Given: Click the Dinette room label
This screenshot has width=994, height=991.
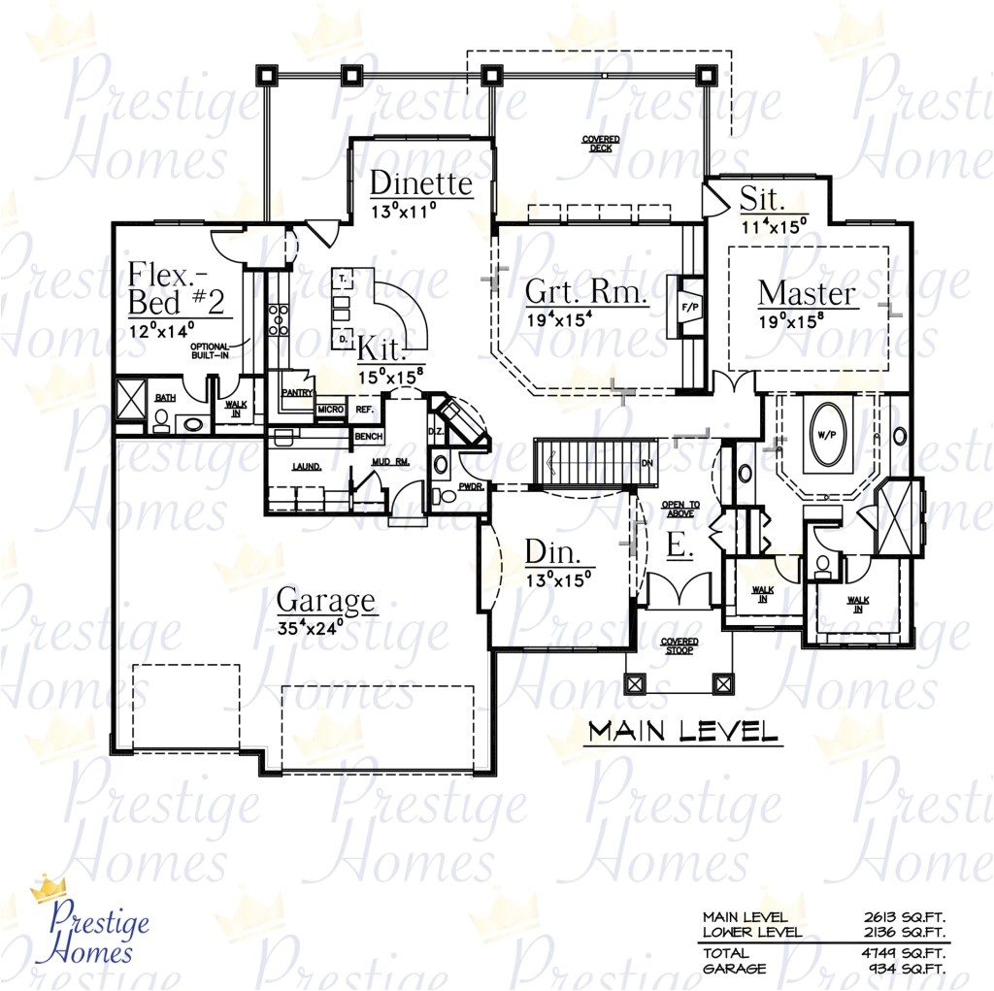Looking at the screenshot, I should pos(420,183).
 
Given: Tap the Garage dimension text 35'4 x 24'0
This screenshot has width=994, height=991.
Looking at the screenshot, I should pos(324,627).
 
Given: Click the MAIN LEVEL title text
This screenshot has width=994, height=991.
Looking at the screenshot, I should pos(682,731).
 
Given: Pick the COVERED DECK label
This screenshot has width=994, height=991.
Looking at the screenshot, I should pos(600,145).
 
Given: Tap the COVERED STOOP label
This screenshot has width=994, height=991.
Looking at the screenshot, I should pos(679,646).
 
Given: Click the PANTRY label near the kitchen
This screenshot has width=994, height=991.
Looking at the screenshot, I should pos(294,393).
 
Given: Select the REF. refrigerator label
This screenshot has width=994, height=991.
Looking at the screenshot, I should pos(365,411).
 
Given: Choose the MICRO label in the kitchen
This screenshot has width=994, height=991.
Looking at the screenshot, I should pos(330,411).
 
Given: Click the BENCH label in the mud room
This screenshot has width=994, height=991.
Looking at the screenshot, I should pos(368,438).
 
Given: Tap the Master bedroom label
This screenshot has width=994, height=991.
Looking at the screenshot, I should pos(807,293).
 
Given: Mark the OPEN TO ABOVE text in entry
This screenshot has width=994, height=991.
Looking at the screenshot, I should pos(680,510).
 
